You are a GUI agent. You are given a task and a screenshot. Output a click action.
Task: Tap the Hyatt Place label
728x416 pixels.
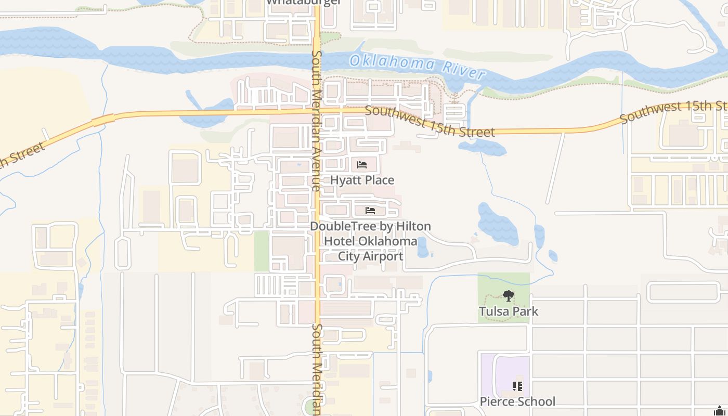362,180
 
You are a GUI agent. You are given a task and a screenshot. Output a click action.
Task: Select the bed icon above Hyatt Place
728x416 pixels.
362,165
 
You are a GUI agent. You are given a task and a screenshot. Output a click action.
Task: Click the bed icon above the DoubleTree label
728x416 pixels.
370,211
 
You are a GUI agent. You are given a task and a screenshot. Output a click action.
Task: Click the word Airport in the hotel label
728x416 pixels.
383,256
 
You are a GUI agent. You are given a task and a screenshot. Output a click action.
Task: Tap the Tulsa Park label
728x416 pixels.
508,311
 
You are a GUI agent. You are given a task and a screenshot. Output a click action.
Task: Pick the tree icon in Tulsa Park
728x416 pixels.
508,296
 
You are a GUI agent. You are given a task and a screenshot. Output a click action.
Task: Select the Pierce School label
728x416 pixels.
517,401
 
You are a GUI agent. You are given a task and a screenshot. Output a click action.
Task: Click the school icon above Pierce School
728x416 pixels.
517,386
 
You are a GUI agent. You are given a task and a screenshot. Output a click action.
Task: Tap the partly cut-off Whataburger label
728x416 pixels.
304,2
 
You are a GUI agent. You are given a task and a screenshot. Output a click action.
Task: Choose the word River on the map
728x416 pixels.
463,70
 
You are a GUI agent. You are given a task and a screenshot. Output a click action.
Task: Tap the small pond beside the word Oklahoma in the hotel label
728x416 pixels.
422,248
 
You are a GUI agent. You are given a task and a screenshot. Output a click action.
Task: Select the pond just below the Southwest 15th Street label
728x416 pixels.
484,147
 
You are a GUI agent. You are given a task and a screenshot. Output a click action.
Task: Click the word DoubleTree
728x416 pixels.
341,226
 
